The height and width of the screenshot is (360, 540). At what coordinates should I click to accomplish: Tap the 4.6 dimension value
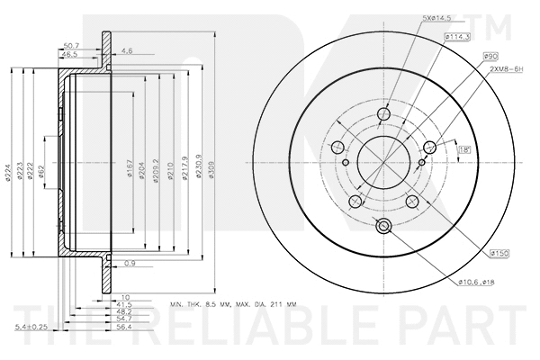click(127, 52)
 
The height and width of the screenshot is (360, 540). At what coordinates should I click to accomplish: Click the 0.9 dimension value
click(130, 264)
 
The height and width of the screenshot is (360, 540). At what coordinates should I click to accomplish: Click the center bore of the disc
click(382, 164)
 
